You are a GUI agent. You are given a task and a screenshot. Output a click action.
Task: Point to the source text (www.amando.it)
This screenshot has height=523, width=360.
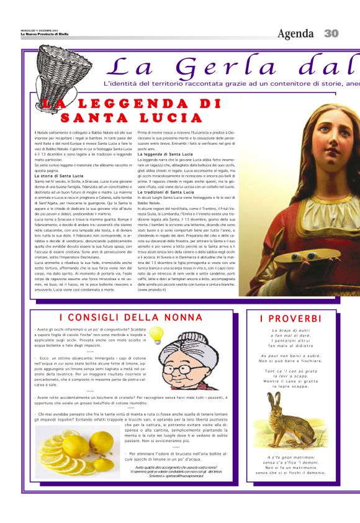click(151, 289)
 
